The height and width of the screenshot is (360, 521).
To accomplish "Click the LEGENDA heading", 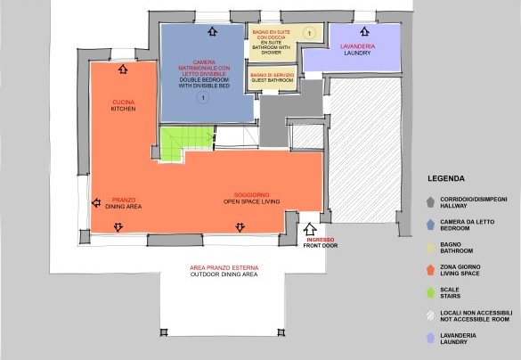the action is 446,178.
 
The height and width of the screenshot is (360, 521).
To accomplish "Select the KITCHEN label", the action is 123,109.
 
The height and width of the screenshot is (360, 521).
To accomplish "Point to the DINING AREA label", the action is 124,207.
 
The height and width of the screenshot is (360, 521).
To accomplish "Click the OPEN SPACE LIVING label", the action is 251,201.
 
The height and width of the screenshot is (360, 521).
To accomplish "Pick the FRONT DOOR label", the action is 321,246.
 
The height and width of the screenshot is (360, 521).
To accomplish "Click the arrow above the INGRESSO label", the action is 310,229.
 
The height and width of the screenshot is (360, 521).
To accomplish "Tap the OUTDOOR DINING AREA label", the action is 224,274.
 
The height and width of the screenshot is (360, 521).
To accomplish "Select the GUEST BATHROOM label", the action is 273,80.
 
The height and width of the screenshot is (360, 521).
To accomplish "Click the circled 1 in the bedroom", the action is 203,98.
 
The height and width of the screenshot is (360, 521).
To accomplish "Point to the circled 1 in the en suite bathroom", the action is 309,33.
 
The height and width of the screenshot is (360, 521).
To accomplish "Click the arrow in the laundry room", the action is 364,31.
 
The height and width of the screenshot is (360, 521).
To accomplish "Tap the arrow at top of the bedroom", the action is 212,31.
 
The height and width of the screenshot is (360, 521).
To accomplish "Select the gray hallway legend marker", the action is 431,202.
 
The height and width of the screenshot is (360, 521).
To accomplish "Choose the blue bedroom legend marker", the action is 431,225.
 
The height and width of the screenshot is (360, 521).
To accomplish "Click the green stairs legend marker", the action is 431,292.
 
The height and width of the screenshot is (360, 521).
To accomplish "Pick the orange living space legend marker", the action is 431,270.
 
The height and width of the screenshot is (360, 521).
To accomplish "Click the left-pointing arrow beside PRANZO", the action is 96,203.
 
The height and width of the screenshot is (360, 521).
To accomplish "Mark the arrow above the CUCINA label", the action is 123,70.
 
